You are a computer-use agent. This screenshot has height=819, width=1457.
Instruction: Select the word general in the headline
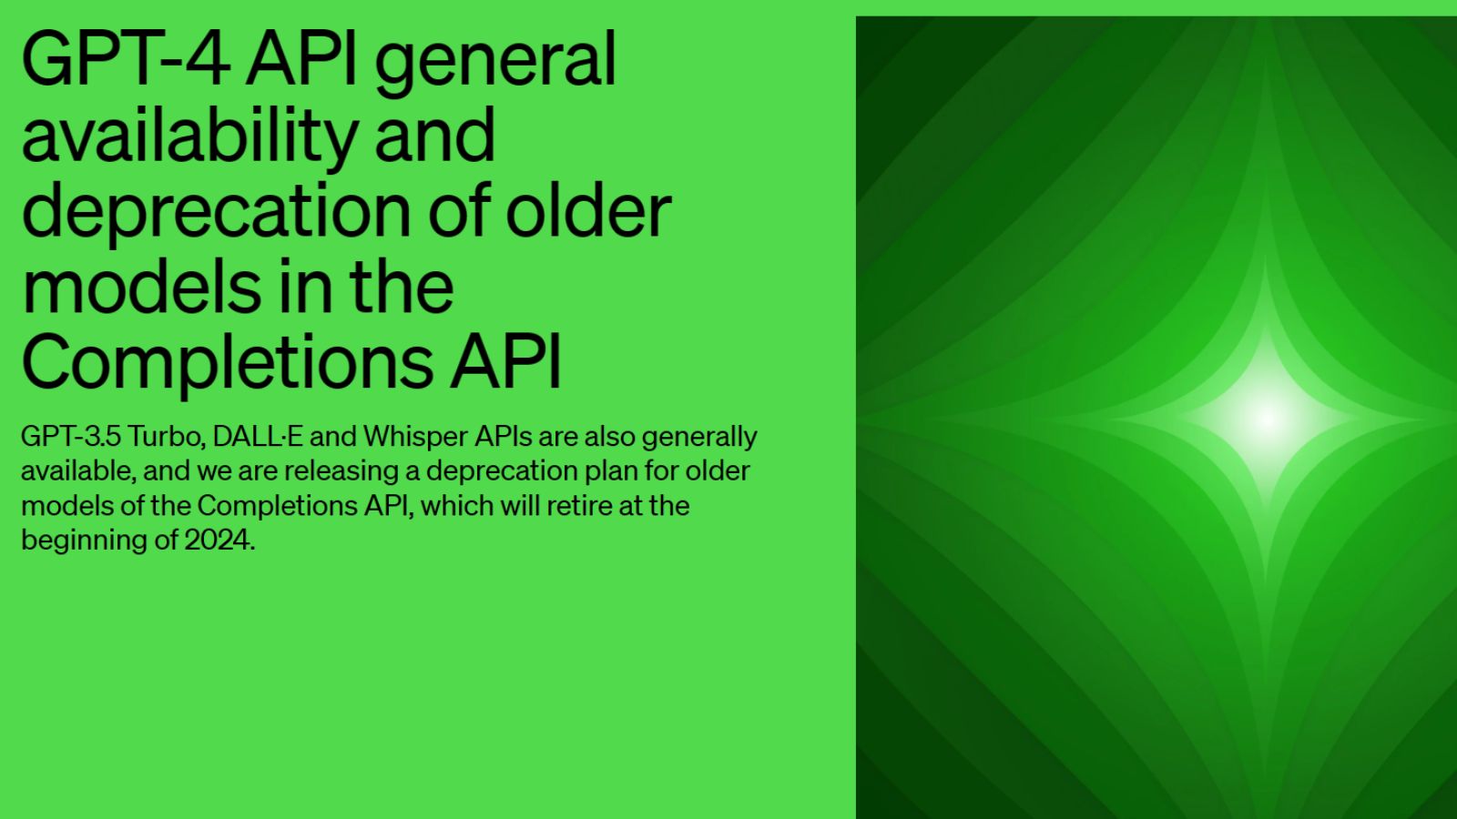pos(495,66)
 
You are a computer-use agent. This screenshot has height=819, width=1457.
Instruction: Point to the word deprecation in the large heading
pos(217,212)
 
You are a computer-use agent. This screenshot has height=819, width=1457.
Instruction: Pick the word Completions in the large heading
pos(227,362)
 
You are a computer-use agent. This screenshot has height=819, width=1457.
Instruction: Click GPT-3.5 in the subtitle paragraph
pos(71,437)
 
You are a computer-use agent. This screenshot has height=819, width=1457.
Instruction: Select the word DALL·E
pos(258,437)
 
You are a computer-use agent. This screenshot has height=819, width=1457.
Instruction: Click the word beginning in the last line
pos(85,541)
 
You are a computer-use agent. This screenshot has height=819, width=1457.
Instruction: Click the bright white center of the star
pos(1267,420)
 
